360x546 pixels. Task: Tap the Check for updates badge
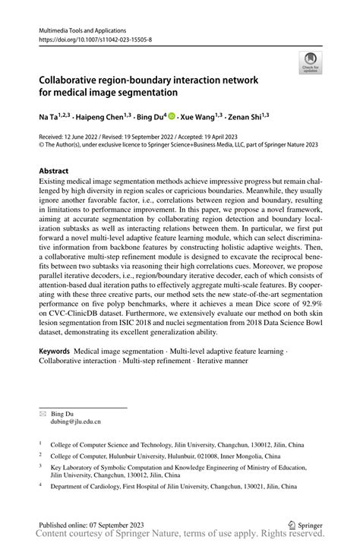311,62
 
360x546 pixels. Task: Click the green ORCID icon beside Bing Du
172,116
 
